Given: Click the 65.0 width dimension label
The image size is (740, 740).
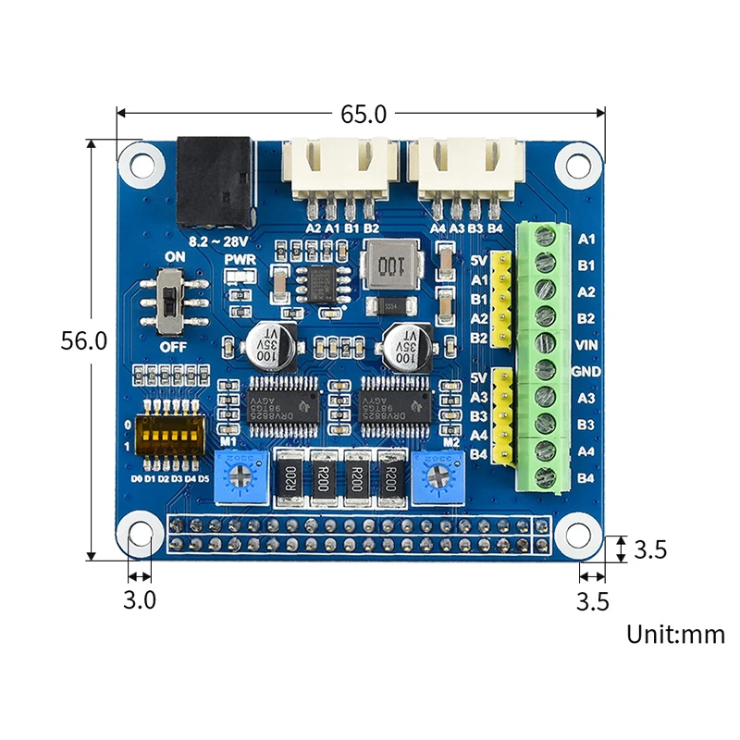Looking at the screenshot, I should click(364, 114).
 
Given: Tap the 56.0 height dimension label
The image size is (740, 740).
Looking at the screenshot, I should click(84, 340).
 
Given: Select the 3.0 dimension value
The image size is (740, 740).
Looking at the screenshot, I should click(140, 600).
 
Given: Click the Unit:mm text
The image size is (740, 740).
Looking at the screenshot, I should click(675, 635).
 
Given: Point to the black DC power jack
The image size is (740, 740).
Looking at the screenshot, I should click(215, 181).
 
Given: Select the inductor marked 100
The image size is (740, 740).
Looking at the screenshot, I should click(391, 265).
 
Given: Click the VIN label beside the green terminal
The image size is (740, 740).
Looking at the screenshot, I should click(586, 345).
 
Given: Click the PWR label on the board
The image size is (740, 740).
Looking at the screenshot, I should click(240, 260).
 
